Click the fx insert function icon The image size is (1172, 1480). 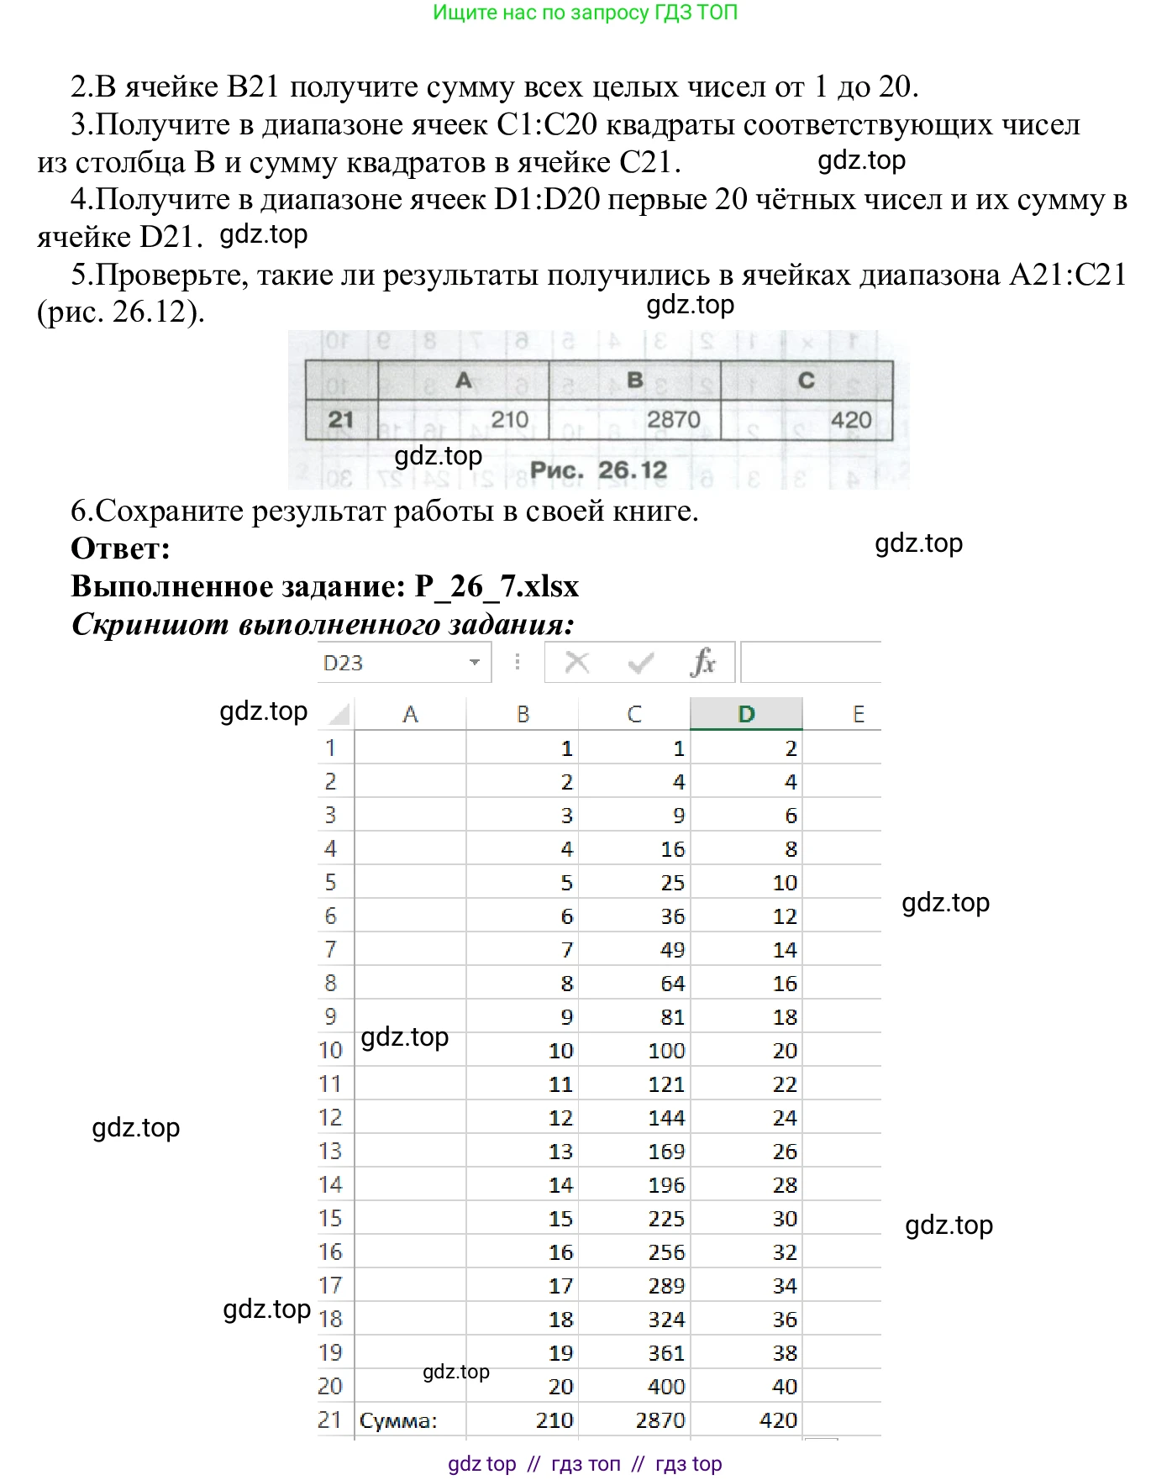pos(702,663)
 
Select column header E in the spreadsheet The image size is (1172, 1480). pos(858,714)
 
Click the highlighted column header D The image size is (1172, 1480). pos(746,714)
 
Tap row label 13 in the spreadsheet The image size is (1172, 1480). pos(330,1151)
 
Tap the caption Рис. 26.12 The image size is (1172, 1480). pos(598,470)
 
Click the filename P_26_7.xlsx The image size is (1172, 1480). pos(497,586)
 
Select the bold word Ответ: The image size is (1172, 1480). pos(121,548)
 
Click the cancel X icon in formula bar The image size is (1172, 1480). pos(577,663)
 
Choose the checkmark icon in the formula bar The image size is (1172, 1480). pos(640,664)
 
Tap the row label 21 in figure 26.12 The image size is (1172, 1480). pos(340,419)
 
